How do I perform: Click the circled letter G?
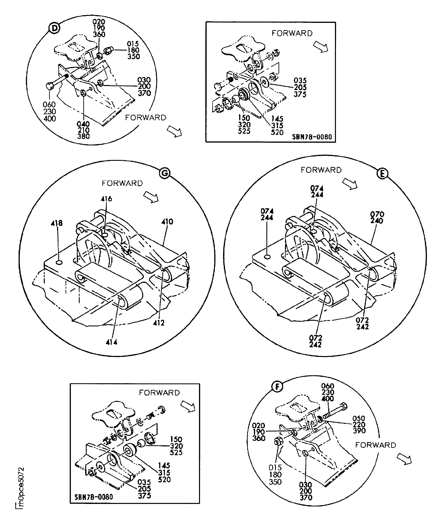(x=165, y=173)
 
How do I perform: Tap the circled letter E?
(x=382, y=174)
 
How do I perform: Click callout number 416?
(x=107, y=199)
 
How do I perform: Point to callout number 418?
(x=57, y=223)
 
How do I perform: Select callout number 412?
(x=159, y=323)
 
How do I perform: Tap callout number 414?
(x=112, y=342)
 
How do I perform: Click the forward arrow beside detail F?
(x=404, y=460)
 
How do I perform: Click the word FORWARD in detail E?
(x=321, y=170)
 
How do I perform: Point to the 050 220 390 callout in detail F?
(x=359, y=424)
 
